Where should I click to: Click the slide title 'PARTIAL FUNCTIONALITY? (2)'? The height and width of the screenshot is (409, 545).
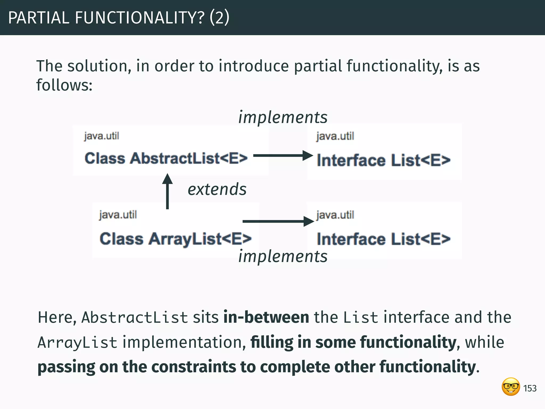(x=119, y=18)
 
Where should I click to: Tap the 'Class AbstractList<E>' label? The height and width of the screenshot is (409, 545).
(x=166, y=158)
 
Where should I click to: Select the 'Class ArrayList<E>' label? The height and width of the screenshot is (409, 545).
(x=175, y=239)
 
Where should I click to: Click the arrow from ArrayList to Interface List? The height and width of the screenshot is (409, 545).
(x=278, y=221)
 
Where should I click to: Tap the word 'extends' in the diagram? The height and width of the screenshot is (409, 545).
(x=217, y=189)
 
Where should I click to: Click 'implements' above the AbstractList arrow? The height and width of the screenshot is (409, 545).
(x=283, y=117)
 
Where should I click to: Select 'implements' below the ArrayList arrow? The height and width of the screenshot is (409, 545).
(x=283, y=256)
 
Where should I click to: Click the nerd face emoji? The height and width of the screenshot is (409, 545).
(x=511, y=387)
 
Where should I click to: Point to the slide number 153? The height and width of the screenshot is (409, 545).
(x=530, y=388)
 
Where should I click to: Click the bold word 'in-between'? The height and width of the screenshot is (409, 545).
(x=266, y=317)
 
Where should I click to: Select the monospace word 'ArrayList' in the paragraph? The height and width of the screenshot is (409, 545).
(x=77, y=342)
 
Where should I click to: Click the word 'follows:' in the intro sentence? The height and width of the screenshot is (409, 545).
(x=64, y=85)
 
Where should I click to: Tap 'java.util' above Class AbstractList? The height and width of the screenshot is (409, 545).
(x=101, y=136)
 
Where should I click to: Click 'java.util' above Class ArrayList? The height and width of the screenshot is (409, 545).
(x=118, y=215)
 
